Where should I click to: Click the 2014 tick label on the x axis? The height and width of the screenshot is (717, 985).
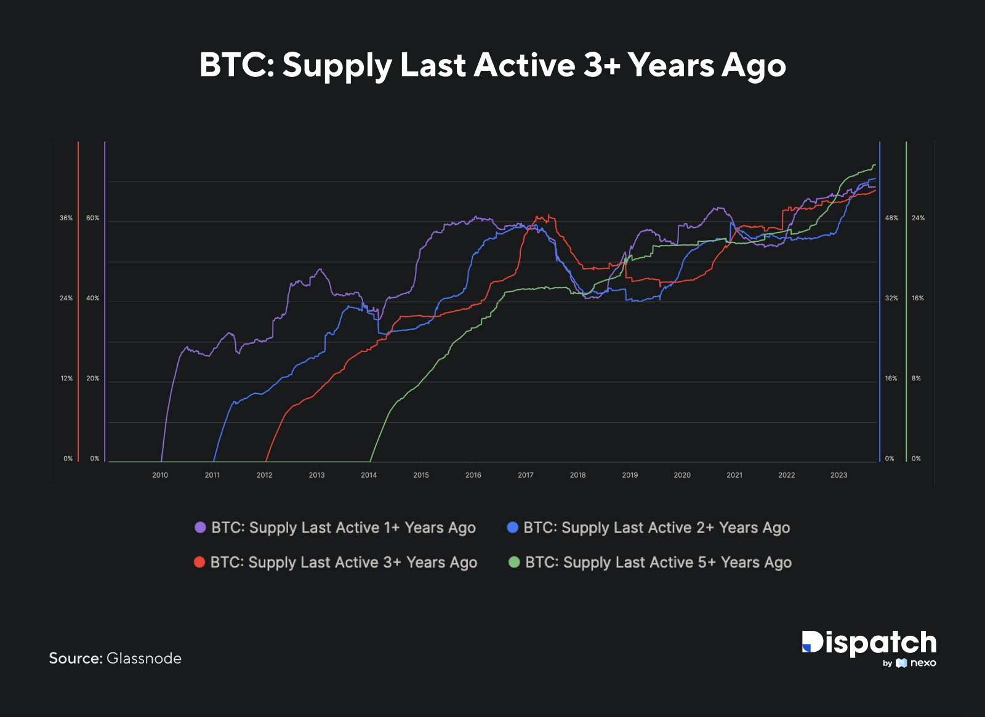369,475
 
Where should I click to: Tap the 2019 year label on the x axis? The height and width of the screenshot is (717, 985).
630,475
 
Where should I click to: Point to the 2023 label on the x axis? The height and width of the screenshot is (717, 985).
838,475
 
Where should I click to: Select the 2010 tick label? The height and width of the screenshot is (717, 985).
160,475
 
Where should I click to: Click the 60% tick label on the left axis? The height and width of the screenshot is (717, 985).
92,218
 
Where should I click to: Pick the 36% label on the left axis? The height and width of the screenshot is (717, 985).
66,218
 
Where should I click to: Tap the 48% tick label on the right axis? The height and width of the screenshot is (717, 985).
891,218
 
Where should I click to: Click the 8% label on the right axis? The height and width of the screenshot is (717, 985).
916,379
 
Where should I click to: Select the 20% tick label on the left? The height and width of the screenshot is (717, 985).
92,379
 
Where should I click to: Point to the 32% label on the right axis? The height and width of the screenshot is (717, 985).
891,298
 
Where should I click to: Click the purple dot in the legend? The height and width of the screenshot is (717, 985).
200,527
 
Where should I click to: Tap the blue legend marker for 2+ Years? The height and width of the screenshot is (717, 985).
512,527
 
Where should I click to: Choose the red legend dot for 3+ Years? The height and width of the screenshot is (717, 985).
199,562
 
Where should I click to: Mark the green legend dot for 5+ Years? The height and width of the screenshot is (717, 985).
514,562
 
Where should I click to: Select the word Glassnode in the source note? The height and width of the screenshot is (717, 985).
144,659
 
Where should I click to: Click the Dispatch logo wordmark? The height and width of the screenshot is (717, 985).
869,643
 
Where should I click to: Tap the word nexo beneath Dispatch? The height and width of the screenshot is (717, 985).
923,663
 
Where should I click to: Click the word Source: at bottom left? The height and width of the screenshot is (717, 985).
75,659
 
